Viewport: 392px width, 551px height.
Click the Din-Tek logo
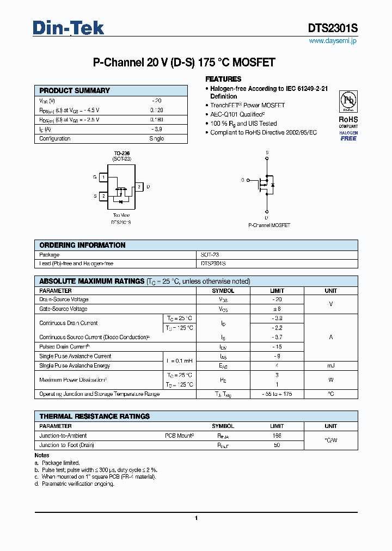[69, 28]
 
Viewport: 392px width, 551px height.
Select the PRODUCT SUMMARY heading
[75, 91]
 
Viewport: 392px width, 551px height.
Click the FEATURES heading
[223, 79]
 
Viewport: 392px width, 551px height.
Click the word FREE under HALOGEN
[348, 138]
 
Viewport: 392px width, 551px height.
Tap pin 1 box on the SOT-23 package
[103, 177]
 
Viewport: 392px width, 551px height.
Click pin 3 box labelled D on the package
[139, 187]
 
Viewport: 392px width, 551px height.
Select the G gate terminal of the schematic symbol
[243, 180]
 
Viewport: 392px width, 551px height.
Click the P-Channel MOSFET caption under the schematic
[269, 225]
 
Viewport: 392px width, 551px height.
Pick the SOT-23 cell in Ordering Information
[210, 255]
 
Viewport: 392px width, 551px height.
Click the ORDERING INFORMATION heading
[82, 246]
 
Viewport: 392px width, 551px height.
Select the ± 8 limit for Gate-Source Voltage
[277, 309]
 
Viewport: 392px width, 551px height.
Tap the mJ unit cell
[330, 366]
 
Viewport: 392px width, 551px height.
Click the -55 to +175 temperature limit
[277, 394]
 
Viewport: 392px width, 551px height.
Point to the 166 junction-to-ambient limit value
[277, 436]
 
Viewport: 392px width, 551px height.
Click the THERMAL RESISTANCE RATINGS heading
[94, 417]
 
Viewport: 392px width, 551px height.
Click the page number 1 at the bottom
[196, 518]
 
